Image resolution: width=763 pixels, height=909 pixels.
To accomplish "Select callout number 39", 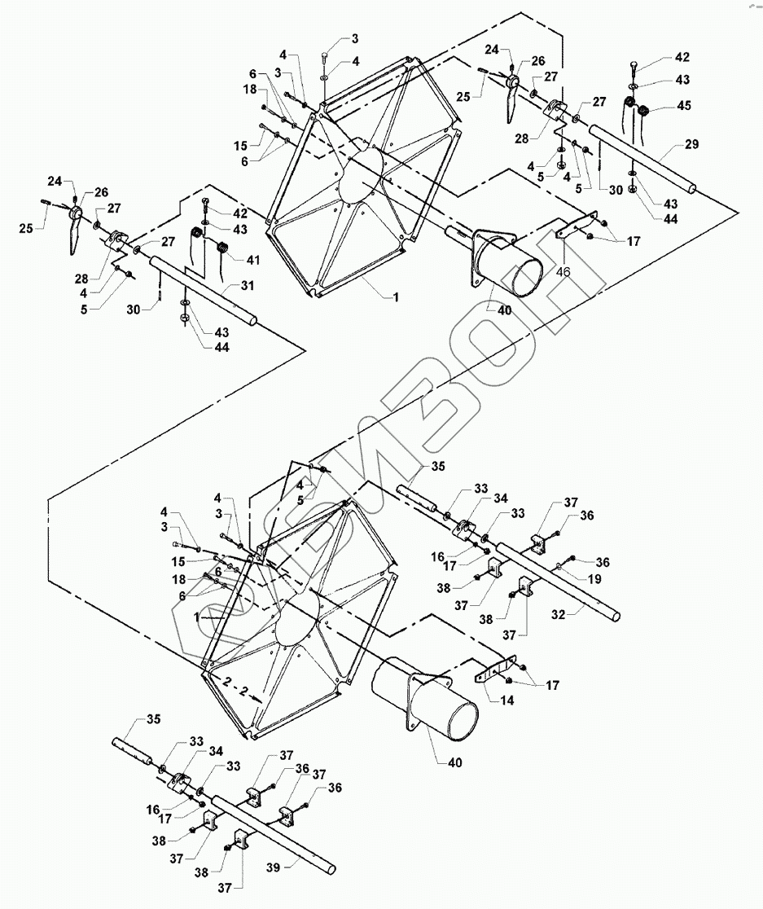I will tap(275, 868).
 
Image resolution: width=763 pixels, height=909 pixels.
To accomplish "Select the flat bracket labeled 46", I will tap(578, 227).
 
